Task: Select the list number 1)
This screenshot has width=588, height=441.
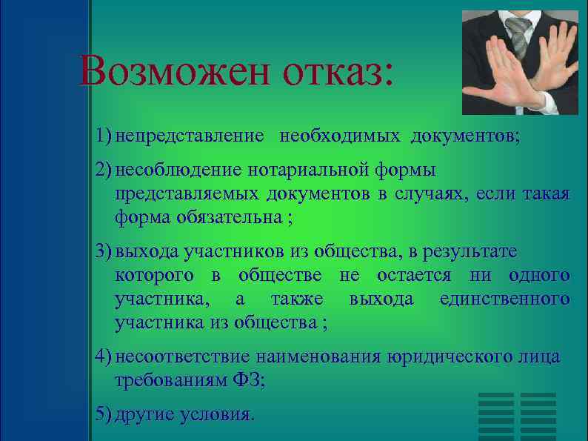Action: tap(104, 136)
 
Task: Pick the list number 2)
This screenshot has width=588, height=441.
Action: tap(104, 170)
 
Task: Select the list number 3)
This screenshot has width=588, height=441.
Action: tap(104, 252)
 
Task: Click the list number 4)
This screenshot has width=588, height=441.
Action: tap(104, 357)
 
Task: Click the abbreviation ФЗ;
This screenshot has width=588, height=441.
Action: tap(249, 381)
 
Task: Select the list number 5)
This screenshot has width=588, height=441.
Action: tap(104, 414)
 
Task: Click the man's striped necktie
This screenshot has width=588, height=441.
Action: tap(518, 33)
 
